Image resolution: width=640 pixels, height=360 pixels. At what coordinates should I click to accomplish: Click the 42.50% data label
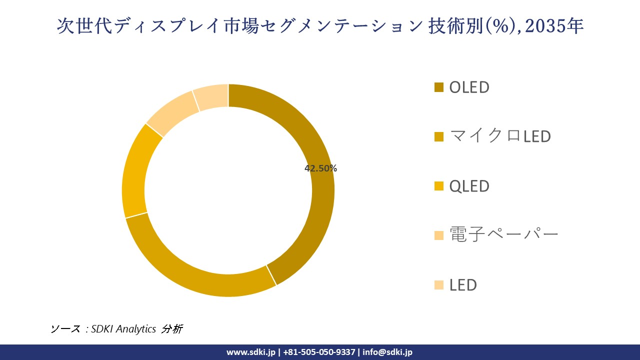pos(320,168)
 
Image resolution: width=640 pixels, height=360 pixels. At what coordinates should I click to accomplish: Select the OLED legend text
pos(469,87)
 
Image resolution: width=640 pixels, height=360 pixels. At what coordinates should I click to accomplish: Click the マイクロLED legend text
pos(500,136)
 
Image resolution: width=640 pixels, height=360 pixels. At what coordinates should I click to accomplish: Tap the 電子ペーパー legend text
pos(503,234)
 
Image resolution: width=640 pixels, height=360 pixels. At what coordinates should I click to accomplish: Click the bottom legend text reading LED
pos(463,285)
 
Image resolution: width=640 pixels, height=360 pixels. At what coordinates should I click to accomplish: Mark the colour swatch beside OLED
pos(439,87)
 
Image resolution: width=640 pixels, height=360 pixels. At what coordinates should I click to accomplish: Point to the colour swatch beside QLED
pos(439,186)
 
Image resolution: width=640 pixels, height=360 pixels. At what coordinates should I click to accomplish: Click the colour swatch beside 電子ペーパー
pos(439,235)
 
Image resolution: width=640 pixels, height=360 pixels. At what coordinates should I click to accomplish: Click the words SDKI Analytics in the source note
pos(123,329)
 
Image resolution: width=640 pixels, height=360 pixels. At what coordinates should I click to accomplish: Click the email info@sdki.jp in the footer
pos(387,352)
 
